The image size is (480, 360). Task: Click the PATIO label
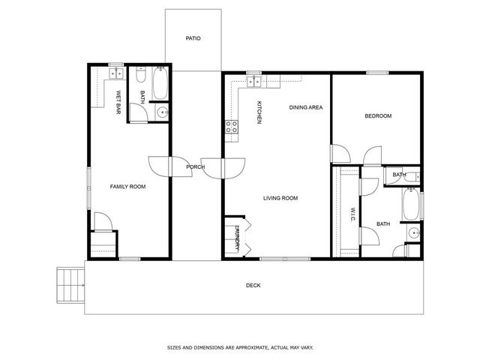(193, 38)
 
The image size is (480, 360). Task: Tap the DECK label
(253, 285)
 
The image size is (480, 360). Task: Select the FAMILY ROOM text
(127, 187)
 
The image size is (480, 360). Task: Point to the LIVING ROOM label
(280, 198)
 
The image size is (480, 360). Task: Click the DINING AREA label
(306, 107)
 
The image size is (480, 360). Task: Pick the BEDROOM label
(378, 115)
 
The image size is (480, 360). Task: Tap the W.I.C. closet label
(352, 215)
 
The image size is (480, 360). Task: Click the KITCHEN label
(259, 112)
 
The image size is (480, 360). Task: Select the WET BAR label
(118, 102)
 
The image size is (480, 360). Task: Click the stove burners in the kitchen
(232, 127)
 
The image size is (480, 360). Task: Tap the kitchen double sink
(253, 82)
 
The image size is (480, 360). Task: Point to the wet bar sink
(116, 73)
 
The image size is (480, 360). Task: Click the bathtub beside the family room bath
(160, 83)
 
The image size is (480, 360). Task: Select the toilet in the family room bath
(141, 74)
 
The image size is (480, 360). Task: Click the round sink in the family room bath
(162, 112)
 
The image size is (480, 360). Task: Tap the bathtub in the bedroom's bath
(411, 203)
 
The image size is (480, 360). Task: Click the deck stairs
(70, 285)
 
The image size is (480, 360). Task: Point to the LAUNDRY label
(237, 238)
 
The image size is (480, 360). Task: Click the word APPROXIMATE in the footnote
(250, 347)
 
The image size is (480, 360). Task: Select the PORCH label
(195, 166)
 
